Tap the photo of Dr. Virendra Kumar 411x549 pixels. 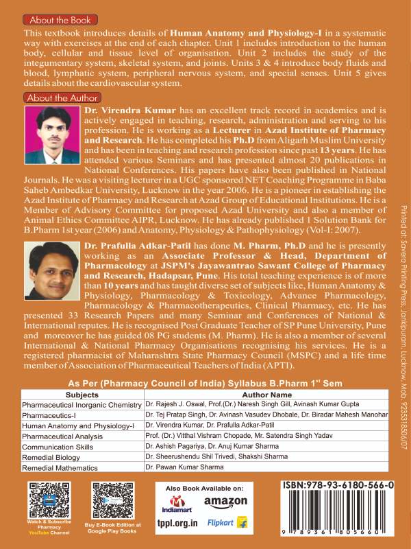pos(52,132)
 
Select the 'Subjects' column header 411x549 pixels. pos(82,395)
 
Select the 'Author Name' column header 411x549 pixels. pos(234,395)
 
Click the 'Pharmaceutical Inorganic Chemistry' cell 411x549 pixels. pos(82,405)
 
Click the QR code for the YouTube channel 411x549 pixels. pos(45,500)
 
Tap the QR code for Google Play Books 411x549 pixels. pos(112,500)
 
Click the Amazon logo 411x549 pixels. pos(225,502)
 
